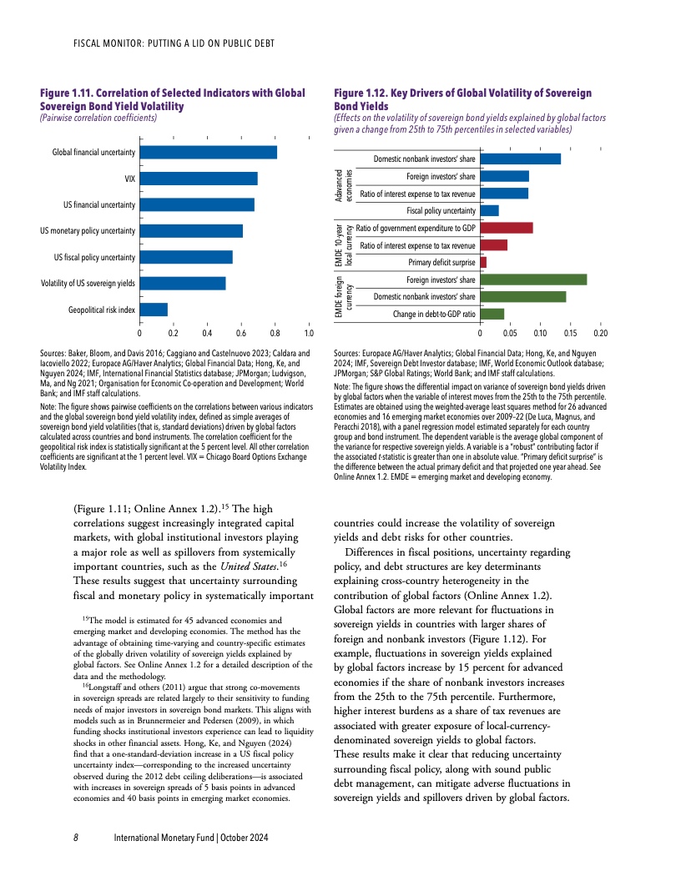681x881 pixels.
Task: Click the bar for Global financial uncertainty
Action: pos(208,152)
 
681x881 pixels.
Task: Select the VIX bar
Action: pos(199,179)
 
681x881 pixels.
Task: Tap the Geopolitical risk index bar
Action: pos(154,310)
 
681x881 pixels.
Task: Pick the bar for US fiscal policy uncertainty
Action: pos(186,257)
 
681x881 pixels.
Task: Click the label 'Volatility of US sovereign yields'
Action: pos(88,284)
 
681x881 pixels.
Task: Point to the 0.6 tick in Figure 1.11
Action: pos(241,334)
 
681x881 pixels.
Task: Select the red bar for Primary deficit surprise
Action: pos(483,263)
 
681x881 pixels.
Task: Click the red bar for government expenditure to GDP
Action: pos(507,228)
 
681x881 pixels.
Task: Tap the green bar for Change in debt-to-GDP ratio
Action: pos(492,314)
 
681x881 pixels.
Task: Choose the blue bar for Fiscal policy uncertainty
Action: pos(490,210)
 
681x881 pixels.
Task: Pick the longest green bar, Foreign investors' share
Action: pos(533,279)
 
